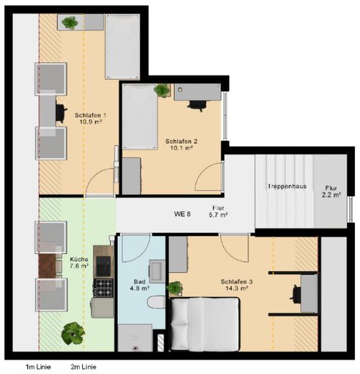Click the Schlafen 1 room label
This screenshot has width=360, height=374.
[x=90, y=115]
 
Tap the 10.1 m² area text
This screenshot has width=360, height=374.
[x=181, y=147]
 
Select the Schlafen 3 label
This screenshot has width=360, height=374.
[x=237, y=281]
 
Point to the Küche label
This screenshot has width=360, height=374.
[x=79, y=260]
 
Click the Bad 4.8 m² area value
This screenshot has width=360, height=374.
[x=140, y=288]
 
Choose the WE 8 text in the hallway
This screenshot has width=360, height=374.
[x=182, y=214]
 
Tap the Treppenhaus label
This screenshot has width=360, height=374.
[x=287, y=186]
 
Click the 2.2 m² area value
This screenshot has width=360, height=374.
[x=331, y=195]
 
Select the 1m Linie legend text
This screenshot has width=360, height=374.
[x=38, y=367]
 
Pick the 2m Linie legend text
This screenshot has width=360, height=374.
[x=84, y=367]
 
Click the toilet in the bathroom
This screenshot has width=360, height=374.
[x=156, y=303]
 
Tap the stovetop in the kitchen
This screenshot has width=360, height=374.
[x=104, y=288]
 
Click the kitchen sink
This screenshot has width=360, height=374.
[x=104, y=266]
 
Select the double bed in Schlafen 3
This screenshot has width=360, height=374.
[x=204, y=324]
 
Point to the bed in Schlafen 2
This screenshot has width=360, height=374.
[x=140, y=117]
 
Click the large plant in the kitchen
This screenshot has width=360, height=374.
[x=73, y=333]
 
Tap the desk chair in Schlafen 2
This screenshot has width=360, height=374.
[x=197, y=106]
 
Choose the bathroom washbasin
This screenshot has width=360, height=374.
[x=157, y=271]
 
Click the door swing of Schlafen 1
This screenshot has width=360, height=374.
[x=99, y=182]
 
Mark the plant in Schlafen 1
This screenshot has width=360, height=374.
[x=70, y=23]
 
